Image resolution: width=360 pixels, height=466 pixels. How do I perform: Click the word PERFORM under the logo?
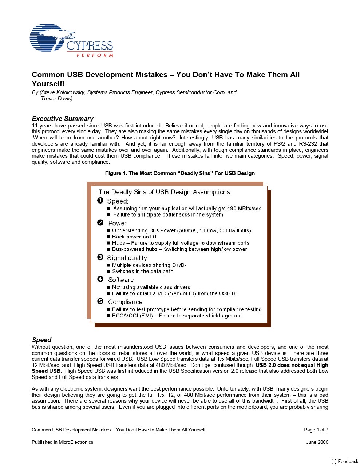pyautogui.click(x=95, y=55)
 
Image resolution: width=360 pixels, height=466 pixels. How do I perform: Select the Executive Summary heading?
pyautogui.click(x=63, y=119)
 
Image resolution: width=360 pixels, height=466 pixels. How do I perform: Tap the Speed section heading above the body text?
pyautogui.click(x=41, y=340)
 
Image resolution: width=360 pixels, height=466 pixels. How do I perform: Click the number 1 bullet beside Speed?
pyautogui.click(x=100, y=201)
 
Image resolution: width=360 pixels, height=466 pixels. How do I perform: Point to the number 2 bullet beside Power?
pyautogui.click(x=100, y=223)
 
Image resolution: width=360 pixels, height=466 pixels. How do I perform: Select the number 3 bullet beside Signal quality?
pyautogui.click(x=100, y=257)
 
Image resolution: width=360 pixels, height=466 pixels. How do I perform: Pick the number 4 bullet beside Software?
pyautogui.click(x=100, y=279)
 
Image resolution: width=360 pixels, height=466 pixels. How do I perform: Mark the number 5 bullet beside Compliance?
pyautogui.click(x=100, y=301)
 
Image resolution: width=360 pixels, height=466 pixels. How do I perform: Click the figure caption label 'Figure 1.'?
pyautogui.click(x=116, y=173)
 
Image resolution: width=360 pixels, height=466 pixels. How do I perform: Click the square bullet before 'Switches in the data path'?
pyautogui.click(x=108, y=272)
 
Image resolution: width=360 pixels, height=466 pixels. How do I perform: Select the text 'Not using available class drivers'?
pyautogui.click(x=151, y=287)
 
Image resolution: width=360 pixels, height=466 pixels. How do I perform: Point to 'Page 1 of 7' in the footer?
pyautogui.click(x=316, y=430)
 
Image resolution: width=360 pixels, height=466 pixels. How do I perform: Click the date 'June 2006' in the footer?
pyautogui.click(x=317, y=442)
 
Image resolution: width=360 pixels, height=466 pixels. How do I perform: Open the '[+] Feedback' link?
pyautogui.click(x=345, y=461)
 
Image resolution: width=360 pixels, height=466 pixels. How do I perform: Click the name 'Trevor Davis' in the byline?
pyautogui.click(x=56, y=99)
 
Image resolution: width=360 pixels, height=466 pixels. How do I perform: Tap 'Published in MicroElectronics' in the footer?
pyautogui.click(x=62, y=442)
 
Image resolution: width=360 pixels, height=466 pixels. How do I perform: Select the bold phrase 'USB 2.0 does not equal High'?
pyautogui.click(x=292, y=365)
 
